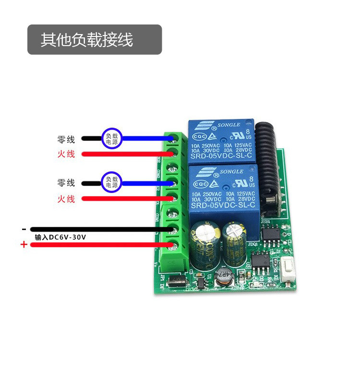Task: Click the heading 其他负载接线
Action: click(x=87, y=40)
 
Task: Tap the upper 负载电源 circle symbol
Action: click(x=112, y=139)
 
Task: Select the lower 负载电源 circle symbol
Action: click(x=112, y=182)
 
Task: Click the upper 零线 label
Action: click(x=66, y=140)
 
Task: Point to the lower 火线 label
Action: click(x=66, y=199)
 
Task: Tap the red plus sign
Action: click(x=24, y=245)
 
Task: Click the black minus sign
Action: click(x=24, y=229)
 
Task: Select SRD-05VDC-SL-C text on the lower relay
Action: click(x=220, y=206)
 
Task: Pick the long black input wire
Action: click(x=96, y=229)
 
